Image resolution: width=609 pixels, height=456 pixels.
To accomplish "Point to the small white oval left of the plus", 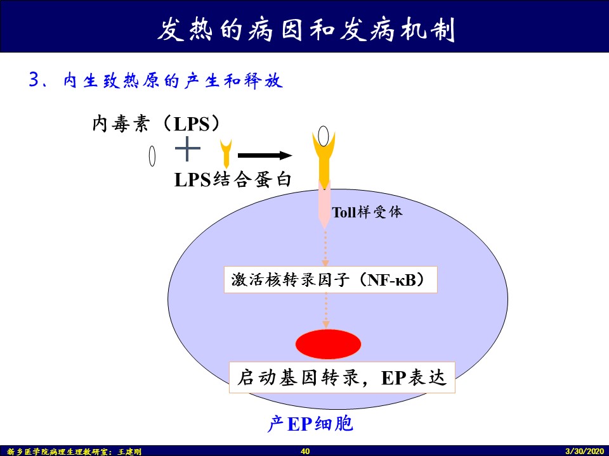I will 152,156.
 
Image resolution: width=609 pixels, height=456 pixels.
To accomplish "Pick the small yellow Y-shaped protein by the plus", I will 225,153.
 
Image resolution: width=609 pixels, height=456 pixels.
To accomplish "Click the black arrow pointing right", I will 265,155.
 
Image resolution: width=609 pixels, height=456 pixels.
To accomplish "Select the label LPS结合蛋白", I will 233,179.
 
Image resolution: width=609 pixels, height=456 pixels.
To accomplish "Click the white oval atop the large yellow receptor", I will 324,136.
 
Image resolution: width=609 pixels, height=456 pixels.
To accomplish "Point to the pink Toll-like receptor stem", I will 324,203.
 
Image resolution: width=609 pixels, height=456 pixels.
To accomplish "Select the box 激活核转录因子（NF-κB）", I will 331,280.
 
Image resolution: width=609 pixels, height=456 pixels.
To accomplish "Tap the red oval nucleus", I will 328,345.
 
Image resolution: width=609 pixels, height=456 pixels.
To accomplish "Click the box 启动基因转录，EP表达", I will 342,378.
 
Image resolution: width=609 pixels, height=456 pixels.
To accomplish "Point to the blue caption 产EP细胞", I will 310,424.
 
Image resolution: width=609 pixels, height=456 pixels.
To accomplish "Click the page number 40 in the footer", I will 304,451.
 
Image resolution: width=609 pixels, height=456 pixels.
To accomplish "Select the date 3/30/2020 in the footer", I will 585,451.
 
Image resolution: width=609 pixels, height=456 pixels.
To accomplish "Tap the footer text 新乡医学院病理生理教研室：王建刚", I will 75,451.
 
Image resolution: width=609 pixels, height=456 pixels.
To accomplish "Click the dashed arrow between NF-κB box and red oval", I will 326,311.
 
